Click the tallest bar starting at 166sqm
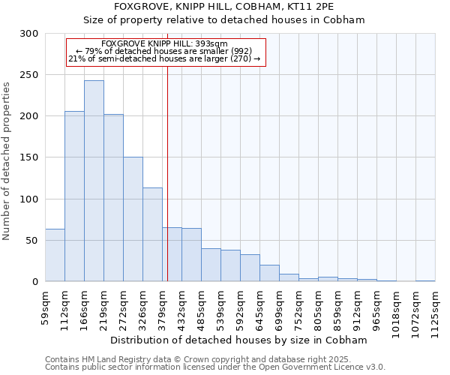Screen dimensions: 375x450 (94, 181)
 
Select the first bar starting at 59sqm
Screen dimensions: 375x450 (55, 255)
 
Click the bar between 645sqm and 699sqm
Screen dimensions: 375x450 (269, 273)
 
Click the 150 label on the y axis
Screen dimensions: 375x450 (31, 157)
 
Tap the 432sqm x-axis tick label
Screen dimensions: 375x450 (181, 308)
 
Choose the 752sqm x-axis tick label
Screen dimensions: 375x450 (298, 308)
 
